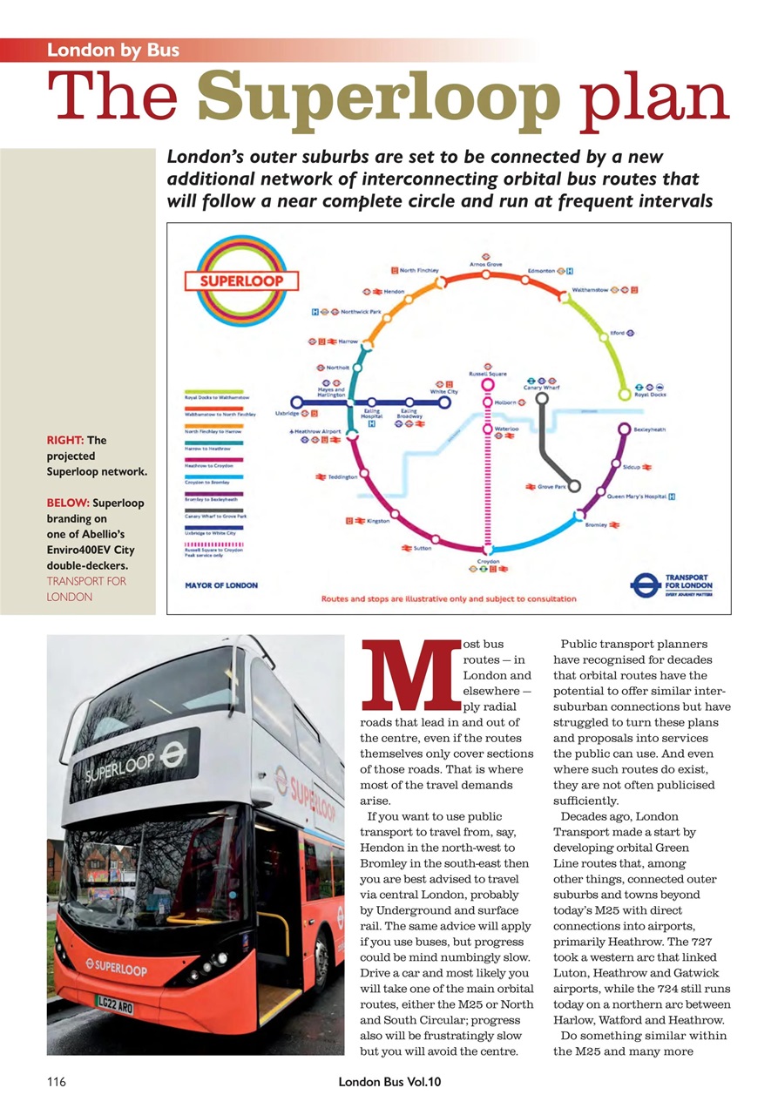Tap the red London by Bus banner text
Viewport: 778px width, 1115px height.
click(113, 50)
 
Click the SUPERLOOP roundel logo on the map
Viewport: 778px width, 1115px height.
click(240, 282)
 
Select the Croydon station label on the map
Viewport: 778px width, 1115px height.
click(488, 563)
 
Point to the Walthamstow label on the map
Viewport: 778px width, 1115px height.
click(590, 290)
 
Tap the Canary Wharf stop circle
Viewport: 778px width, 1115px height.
click(541, 399)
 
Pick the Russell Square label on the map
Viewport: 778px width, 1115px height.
click(488, 373)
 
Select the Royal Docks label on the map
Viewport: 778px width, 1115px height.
click(650, 395)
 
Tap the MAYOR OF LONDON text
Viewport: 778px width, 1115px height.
click(221, 585)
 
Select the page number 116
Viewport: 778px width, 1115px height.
click(57, 1082)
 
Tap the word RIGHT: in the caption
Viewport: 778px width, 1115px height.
click(64, 441)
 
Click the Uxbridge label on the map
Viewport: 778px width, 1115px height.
click(286, 414)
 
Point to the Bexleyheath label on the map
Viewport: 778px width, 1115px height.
click(650, 429)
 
